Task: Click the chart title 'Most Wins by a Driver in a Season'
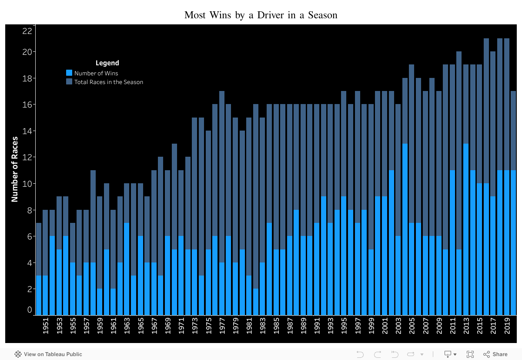click(261, 15)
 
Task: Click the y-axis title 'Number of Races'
click(15, 169)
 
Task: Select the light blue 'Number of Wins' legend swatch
click(69, 73)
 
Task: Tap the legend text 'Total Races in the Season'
click(108, 82)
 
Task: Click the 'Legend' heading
click(107, 63)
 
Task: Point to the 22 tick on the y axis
click(27, 31)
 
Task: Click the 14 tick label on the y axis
click(27, 131)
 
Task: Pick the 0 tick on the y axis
click(30, 310)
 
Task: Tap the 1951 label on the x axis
click(45, 326)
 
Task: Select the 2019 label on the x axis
click(507, 326)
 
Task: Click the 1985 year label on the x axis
click(276, 326)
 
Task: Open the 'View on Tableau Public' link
click(48, 354)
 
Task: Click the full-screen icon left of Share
click(470, 354)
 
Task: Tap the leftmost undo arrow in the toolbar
click(360, 354)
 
